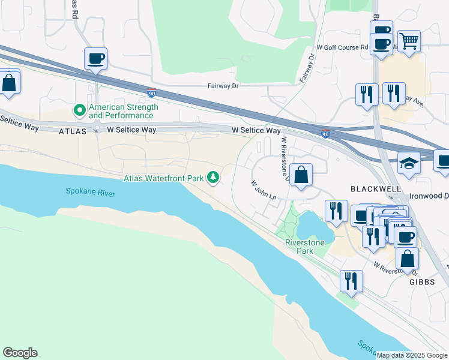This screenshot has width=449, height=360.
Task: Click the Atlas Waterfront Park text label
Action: pyautogui.click(x=164, y=178)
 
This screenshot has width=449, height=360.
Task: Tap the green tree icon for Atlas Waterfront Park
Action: pyautogui.click(x=212, y=177)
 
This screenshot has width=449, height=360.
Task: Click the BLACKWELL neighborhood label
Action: pyautogui.click(x=375, y=188)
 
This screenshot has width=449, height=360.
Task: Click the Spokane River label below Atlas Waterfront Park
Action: pyautogui.click(x=90, y=193)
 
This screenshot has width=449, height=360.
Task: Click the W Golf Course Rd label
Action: pyautogui.click(x=342, y=47)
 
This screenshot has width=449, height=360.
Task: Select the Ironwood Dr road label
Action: pyautogui.click(x=429, y=196)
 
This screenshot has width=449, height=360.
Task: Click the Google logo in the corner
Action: pyautogui.click(x=20, y=353)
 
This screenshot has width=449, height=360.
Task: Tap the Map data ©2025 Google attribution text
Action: pyautogui.click(x=412, y=355)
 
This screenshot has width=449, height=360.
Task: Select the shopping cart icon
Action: pyautogui.click(x=409, y=41)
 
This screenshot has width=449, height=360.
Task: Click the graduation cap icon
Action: pyautogui.click(x=409, y=162)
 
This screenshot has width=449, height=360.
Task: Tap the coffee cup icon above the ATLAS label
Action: pyautogui.click(x=95, y=59)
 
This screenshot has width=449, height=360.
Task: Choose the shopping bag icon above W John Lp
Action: pyautogui.click(x=301, y=175)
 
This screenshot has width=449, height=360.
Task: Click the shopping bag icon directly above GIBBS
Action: pyautogui.click(x=407, y=259)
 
